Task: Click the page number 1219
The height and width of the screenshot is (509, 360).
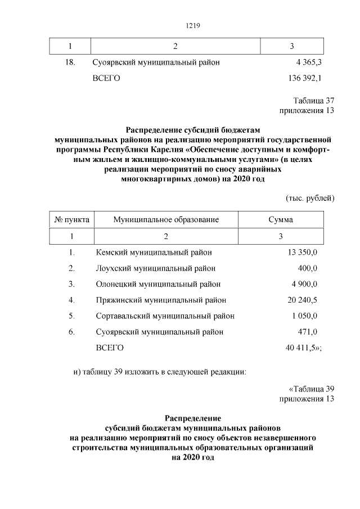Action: (x=193, y=26)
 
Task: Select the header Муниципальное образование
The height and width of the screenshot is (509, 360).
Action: (x=165, y=219)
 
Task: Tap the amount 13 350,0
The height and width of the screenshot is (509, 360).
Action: (x=303, y=253)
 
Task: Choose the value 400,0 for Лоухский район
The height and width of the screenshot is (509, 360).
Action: (x=308, y=268)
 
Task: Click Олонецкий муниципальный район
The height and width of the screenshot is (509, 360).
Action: (x=158, y=284)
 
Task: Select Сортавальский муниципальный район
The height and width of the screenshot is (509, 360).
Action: (x=165, y=316)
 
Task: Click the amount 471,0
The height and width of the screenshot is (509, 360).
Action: (x=308, y=332)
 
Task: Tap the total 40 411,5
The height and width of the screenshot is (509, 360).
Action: (x=303, y=348)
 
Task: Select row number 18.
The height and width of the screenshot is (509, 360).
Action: (x=70, y=62)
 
